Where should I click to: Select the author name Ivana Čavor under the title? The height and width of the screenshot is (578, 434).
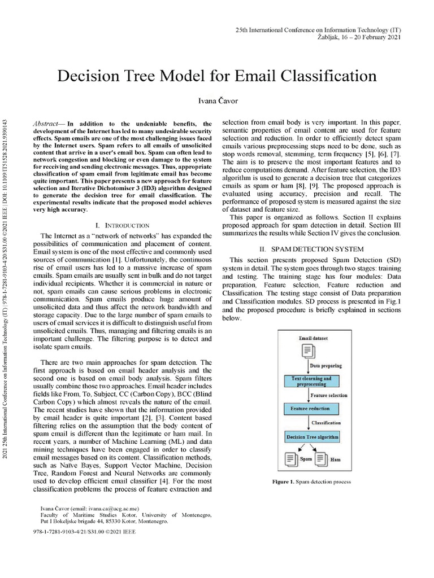coord(216,102)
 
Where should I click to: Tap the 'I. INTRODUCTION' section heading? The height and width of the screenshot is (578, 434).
coord(123,225)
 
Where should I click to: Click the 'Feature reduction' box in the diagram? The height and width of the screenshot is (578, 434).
coord(310,408)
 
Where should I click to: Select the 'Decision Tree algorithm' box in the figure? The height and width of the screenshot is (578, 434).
coord(313,437)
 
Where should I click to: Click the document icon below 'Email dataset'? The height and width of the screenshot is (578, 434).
coord(309,352)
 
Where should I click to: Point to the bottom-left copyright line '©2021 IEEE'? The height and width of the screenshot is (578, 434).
coord(85,532)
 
